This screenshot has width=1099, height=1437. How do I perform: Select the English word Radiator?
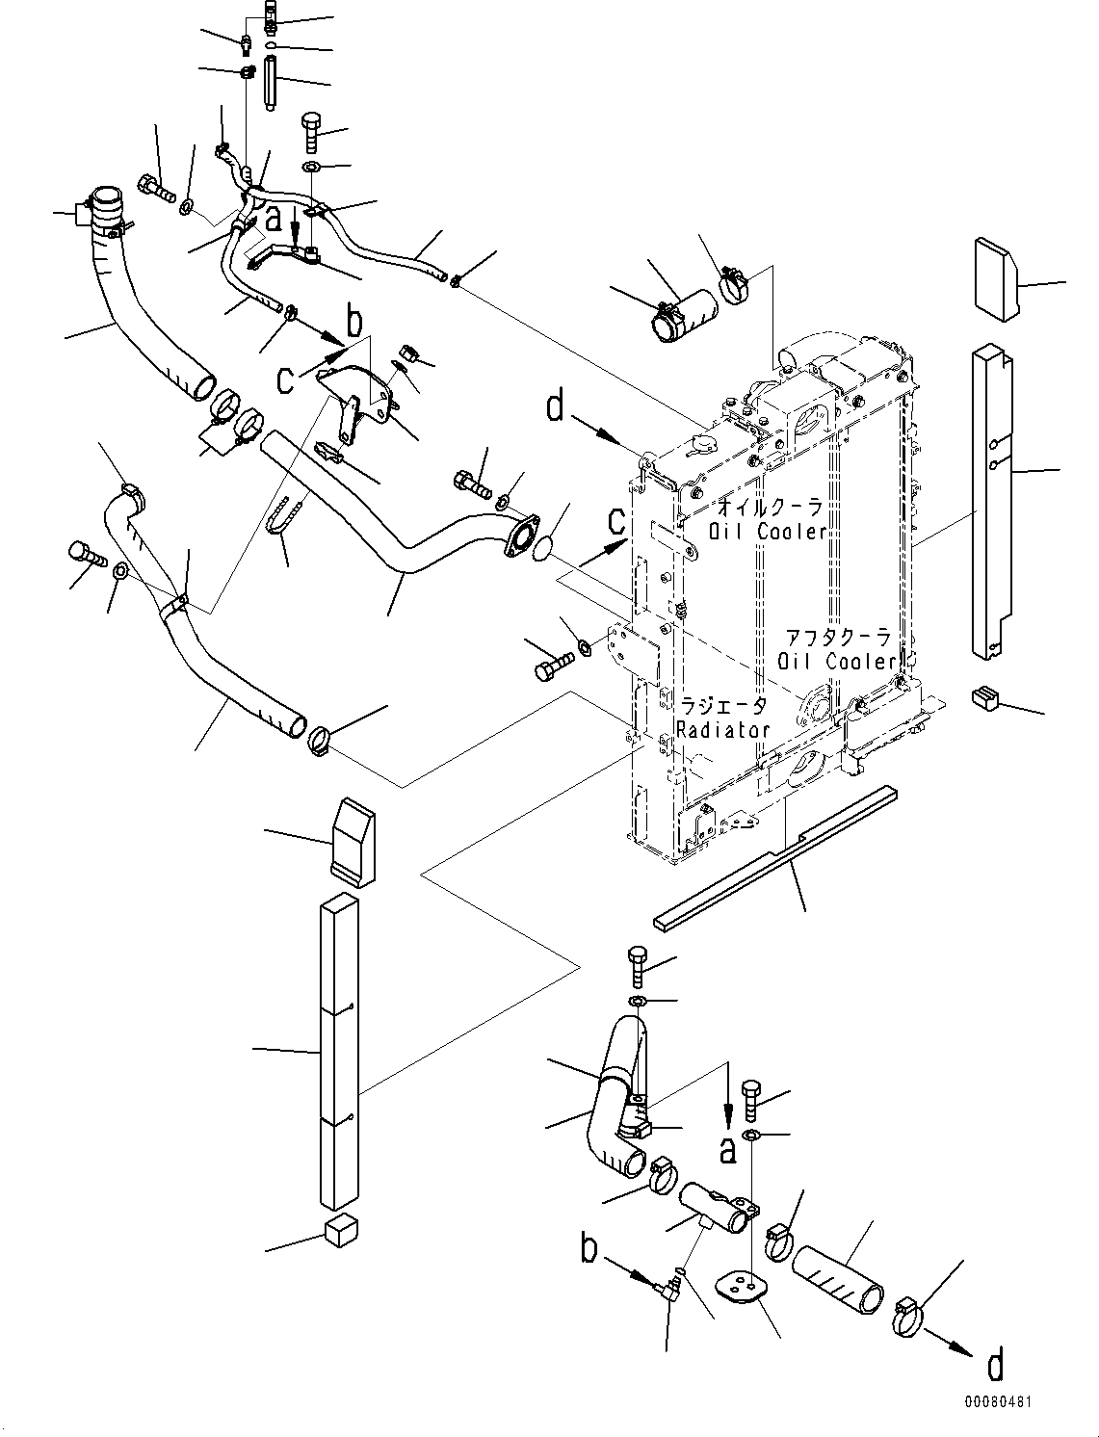coord(722,730)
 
